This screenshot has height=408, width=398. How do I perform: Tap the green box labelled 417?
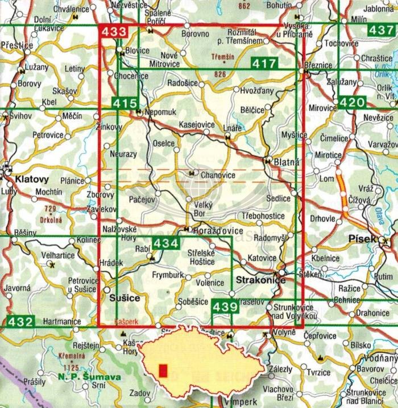pyautogui.click(x=263, y=63)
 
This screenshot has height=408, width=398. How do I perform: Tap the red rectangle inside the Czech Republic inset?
pyautogui.click(x=164, y=371)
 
